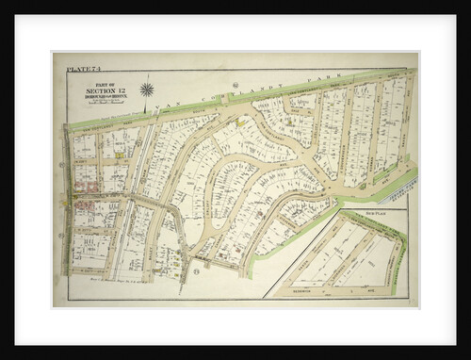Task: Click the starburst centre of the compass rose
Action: click(147, 90)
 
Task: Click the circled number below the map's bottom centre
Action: click(195, 273)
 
